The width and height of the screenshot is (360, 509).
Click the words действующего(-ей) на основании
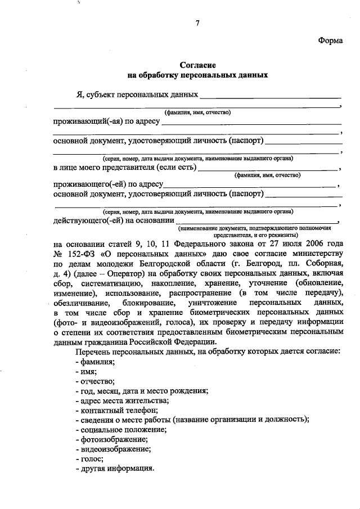click(x=113, y=220)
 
